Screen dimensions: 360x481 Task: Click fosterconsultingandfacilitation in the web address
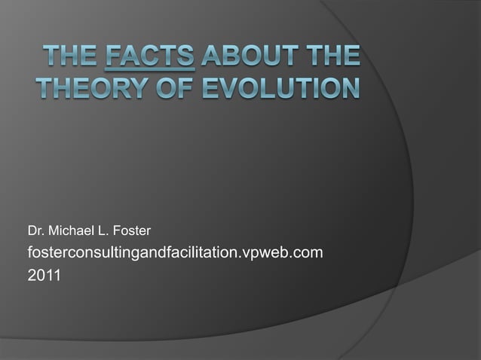point(131,252)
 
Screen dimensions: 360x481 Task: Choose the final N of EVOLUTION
point(348,87)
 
